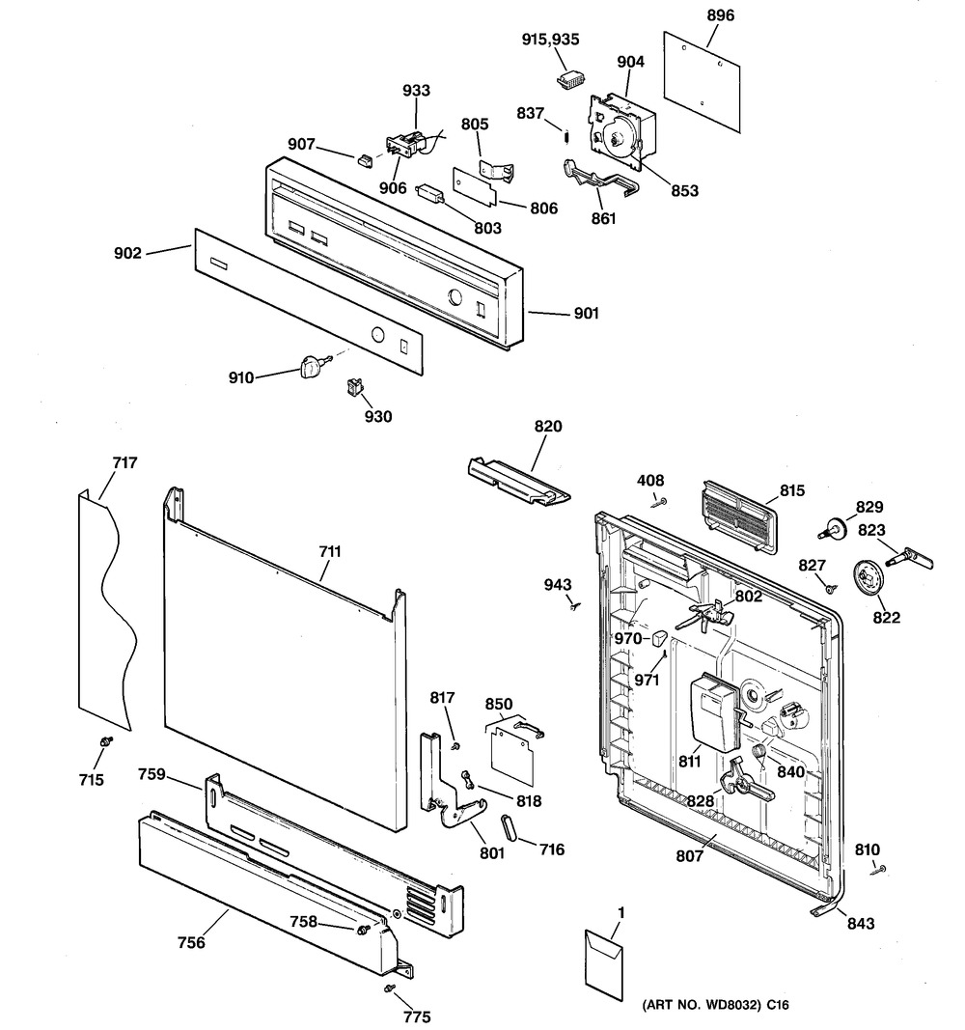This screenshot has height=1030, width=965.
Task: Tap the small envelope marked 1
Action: tap(605, 959)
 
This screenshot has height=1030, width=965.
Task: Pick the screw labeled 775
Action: tap(389, 989)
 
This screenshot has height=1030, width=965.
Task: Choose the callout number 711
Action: tap(329, 552)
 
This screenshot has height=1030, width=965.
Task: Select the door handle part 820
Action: tap(517, 480)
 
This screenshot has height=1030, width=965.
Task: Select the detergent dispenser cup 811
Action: tap(713, 710)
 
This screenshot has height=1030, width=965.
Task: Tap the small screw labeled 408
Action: tap(659, 501)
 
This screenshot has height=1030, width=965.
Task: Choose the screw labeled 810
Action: tap(881, 870)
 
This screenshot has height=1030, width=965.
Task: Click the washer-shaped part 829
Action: tap(832, 527)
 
